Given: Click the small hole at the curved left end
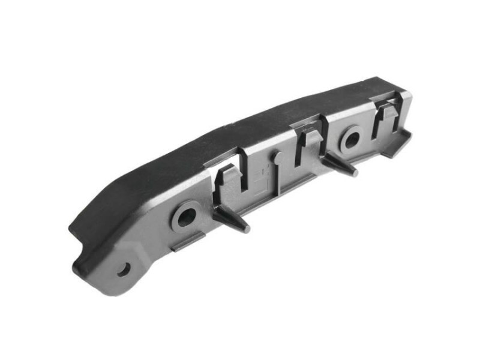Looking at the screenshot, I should tap(124, 269).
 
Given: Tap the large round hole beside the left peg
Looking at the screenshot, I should tap(186, 216).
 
